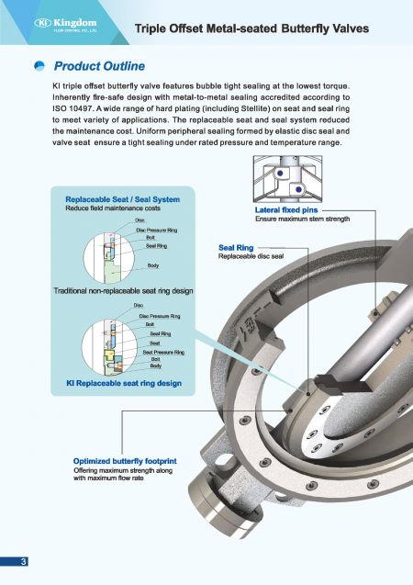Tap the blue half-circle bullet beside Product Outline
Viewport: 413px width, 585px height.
tap(40, 66)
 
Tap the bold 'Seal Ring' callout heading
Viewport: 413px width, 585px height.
tap(236, 248)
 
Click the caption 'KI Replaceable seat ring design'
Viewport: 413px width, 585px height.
tap(124, 382)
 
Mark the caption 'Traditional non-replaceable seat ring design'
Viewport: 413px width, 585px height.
tap(123, 291)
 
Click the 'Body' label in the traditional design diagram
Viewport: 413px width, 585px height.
tap(153, 265)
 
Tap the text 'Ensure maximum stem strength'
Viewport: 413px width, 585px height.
tap(302, 219)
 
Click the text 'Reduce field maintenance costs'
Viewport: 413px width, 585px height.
tap(106, 208)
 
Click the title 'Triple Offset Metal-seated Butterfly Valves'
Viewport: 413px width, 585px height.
tap(251, 28)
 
